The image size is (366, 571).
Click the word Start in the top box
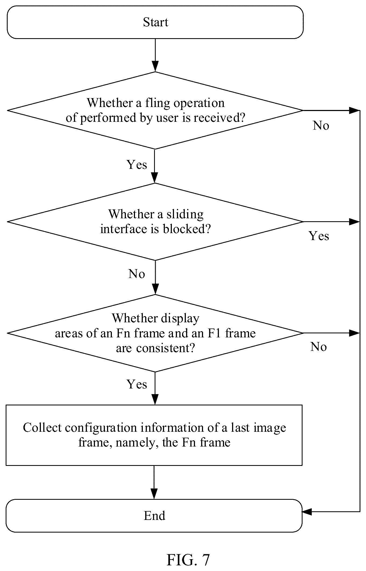155,22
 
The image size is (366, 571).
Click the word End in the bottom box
154,516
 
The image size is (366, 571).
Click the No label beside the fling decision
321,125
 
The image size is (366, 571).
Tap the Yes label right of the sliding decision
319,236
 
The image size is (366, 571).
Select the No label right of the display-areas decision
318,347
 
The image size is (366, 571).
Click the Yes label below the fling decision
137,164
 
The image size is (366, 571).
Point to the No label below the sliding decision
137,274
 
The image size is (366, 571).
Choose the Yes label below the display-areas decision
137,384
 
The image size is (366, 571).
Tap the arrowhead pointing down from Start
155,67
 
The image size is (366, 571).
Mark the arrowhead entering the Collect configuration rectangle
155,399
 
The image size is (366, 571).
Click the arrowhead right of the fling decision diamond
354,110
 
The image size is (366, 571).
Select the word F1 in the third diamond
215,333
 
